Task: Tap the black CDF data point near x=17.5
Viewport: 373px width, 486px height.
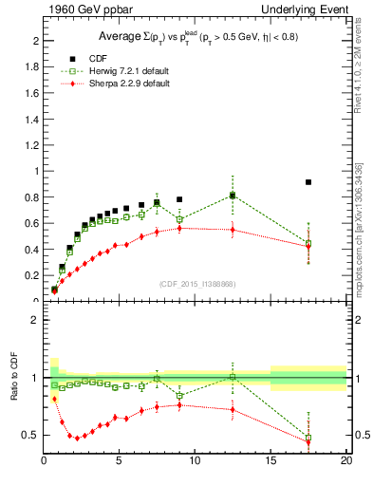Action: (x=308, y=182)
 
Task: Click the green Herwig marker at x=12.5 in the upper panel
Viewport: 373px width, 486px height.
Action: (x=233, y=196)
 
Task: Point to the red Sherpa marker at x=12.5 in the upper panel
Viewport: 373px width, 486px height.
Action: (x=233, y=230)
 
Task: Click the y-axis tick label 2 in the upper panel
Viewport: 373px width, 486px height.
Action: (x=35, y=42)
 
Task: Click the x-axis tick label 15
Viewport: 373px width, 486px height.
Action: (x=270, y=460)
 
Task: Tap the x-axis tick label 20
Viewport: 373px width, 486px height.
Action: (x=345, y=460)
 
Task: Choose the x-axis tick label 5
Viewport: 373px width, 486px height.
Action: (x=120, y=460)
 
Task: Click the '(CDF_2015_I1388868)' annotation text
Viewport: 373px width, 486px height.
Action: (x=196, y=284)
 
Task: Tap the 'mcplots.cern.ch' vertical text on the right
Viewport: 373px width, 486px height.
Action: (x=362, y=252)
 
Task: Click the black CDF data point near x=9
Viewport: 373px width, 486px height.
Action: (x=179, y=200)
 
